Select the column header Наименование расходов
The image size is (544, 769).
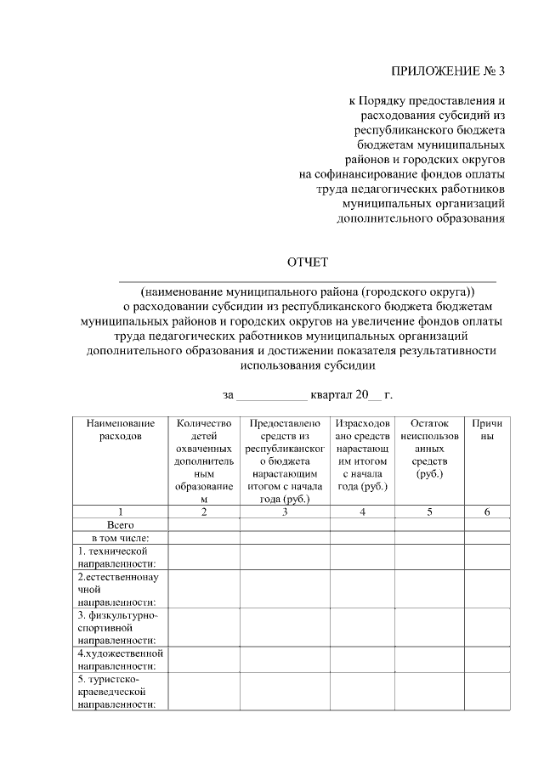[x=121, y=429]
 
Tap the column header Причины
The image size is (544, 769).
[x=488, y=429]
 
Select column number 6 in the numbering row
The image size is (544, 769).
[x=488, y=512]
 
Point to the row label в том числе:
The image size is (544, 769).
[x=121, y=538]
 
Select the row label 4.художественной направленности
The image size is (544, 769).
[x=120, y=660]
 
